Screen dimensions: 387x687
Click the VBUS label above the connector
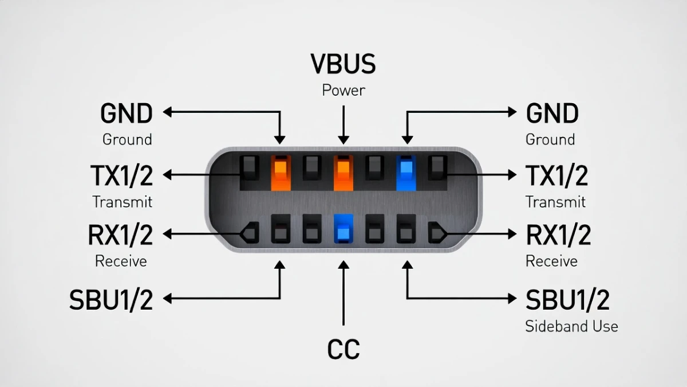tap(343, 64)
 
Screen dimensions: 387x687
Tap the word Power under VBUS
tap(343, 91)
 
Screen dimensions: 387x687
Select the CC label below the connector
tap(343, 349)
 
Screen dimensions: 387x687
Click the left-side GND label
tap(127, 114)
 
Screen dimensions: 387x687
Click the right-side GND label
tap(552, 114)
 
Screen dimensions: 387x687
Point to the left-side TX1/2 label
tap(122, 176)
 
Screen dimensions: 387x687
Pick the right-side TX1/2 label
tap(556, 176)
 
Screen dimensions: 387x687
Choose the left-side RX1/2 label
tap(121, 235)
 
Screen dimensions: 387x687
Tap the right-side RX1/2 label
tap(558, 235)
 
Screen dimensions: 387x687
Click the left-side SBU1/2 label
tap(112, 300)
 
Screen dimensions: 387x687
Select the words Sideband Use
tap(571, 326)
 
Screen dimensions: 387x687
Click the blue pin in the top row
tap(406, 172)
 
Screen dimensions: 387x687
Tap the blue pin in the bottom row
tap(343, 229)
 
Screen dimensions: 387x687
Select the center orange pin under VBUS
tap(343, 172)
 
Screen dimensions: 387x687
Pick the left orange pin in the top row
tap(281, 172)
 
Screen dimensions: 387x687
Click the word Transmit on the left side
tap(123, 202)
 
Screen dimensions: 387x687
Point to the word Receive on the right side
tap(551, 261)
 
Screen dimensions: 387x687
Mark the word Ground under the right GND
tap(550, 139)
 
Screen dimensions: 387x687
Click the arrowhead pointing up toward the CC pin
tap(343, 266)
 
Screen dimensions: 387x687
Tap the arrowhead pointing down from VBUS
tap(343, 139)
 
